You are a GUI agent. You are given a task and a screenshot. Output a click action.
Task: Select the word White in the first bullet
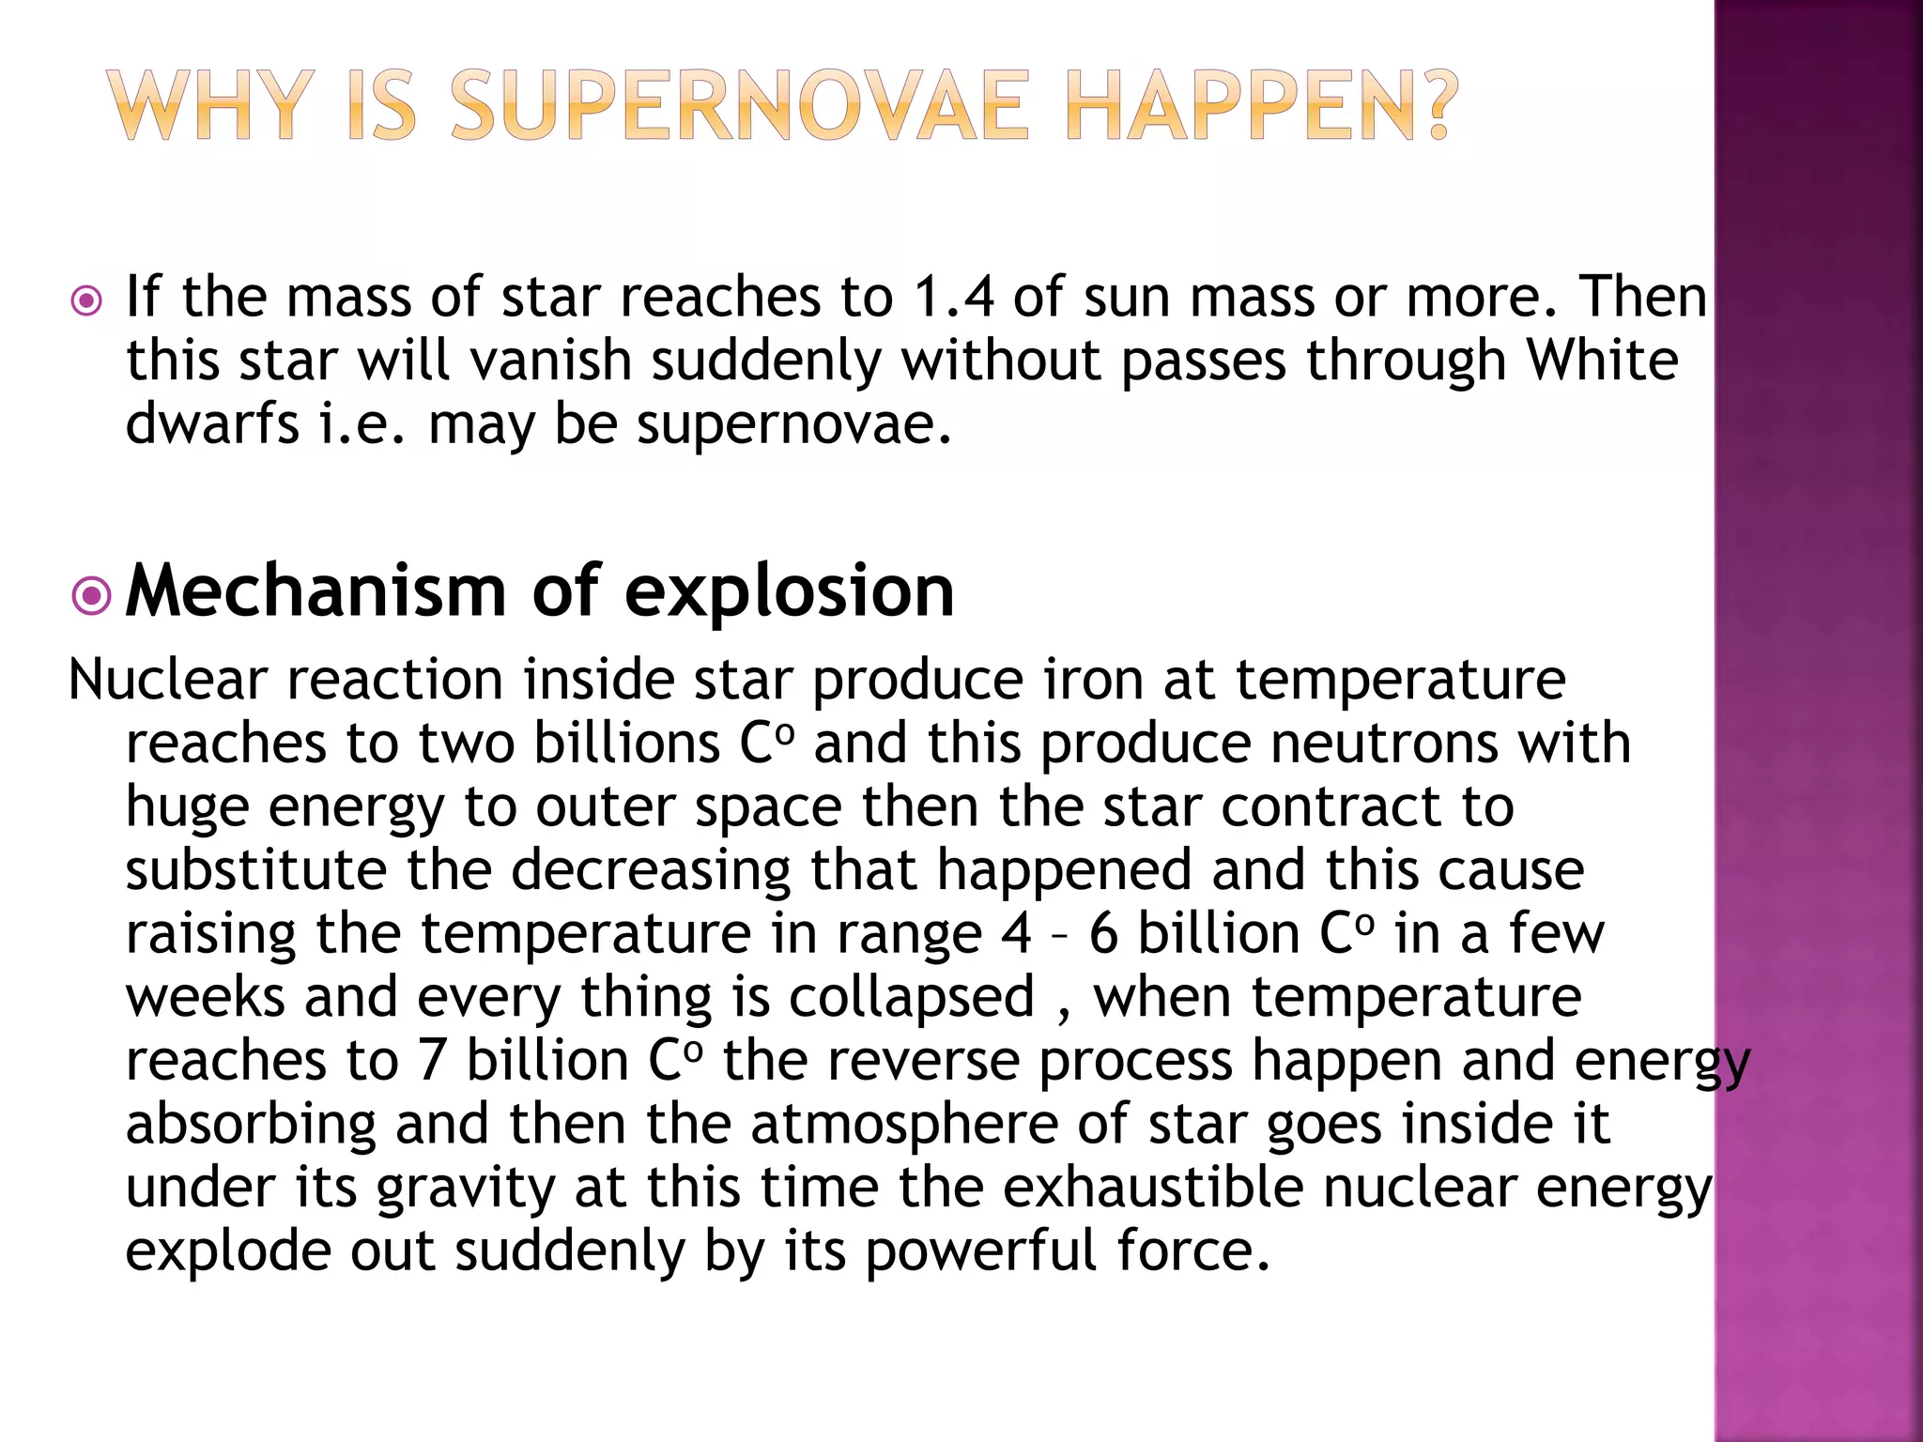click(1602, 360)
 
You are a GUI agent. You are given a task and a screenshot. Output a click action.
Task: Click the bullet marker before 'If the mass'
click(86, 301)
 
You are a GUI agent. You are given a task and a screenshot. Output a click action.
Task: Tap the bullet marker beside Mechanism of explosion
click(91, 595)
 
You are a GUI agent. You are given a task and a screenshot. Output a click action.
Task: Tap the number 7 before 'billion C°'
click(431, 1061)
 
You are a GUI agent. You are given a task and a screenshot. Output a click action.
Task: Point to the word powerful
click(980, 1252)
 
